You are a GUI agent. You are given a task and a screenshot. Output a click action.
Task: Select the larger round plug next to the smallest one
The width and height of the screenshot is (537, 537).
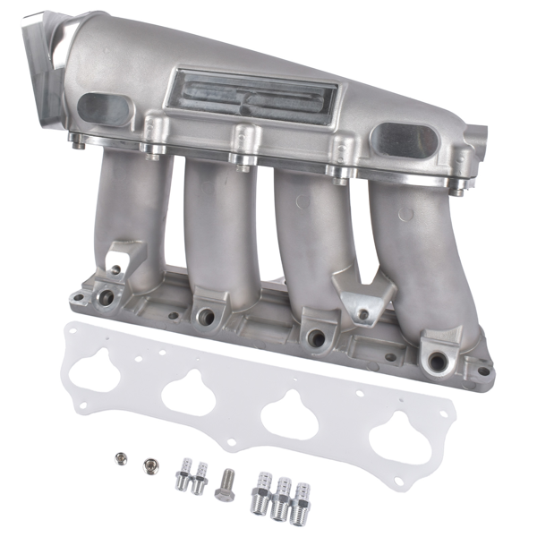pyautogui.click(x=149, y=465)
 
